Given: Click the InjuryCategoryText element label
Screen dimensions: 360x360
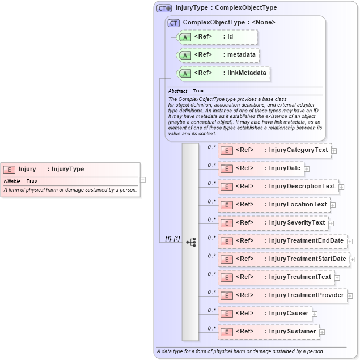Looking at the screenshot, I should pos(298,150).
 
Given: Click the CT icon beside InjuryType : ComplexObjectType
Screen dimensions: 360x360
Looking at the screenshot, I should pos(164,8).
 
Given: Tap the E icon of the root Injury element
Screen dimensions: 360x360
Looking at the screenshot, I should pos(9,169).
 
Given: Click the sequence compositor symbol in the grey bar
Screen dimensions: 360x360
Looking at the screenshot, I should pos(190,242).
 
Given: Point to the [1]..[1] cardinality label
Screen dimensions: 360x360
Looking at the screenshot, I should pos(172,239).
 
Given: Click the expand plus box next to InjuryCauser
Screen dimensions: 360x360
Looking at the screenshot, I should pos(315,314).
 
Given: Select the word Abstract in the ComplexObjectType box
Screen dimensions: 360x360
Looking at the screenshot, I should pos(177,91).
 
